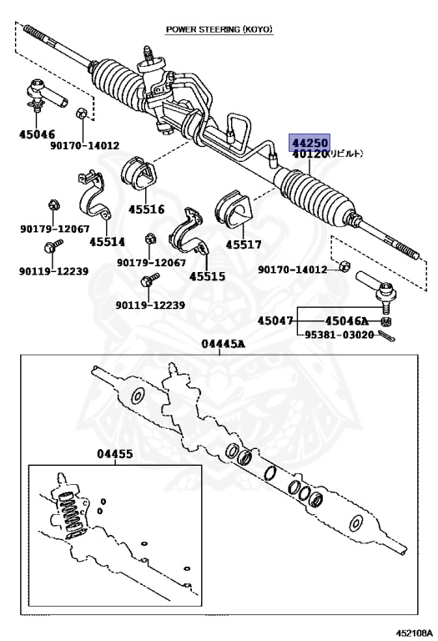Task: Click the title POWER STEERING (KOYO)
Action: [x=219, y=29]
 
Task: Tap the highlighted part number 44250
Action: [x=310, y=143]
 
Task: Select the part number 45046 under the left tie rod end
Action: [x=37, y=134]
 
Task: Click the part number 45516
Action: [x=146, y=209]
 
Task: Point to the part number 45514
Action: [x=107, y=241]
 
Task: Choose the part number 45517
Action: [x=244, y=245]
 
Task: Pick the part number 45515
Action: [x=207, y=276]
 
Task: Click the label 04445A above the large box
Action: [x=223, y=344]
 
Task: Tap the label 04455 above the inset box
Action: [x=115, y=454]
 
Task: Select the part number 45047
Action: [x=275, y=320]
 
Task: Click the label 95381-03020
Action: [x=339, y=335]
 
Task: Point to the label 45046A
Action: [x=346, y=320]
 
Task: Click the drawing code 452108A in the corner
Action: [x=414, y=633]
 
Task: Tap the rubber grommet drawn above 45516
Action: [x=139, y=173]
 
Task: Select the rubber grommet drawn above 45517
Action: [x=234, y=209]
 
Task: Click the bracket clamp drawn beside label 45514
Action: [x=95, y=195]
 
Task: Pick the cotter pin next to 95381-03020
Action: [x=386, y=336]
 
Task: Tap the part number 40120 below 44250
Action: [x=310, y=154]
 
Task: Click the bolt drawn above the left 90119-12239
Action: [x=53, y=246]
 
